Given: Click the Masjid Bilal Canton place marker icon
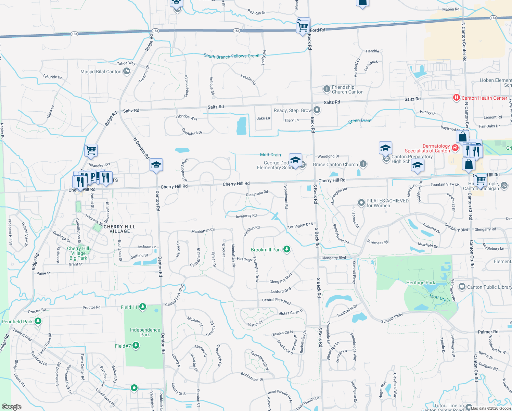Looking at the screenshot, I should coord(127,71).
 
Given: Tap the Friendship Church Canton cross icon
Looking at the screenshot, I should coord(327,89).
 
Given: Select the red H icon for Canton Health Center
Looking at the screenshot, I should coord(456,98).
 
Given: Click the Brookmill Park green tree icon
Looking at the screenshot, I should coord(287,249).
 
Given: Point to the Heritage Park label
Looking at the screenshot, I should coord(420,283).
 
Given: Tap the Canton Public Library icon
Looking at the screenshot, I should coord(462,286).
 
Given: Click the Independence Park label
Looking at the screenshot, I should coord(145,332).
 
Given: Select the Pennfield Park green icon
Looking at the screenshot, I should coord(38,321).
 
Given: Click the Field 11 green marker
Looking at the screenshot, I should coord(143,307).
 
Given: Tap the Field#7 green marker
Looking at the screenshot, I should coord(136,346).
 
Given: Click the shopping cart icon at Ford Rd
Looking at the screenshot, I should coord(303,26).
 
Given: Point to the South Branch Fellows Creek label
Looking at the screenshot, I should coord(231,56).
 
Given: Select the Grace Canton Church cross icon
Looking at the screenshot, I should coord(363,164).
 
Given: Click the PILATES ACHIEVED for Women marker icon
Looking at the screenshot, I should coord(361,202).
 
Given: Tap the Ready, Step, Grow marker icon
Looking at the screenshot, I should coord(317,110).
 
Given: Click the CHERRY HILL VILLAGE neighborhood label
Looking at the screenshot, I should coord(119,229).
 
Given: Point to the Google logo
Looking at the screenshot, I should coord(12,407).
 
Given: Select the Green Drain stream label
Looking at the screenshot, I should coord(359,121).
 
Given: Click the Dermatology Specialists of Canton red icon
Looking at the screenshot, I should coord(455,148).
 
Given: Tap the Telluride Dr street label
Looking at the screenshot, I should coord(52,77).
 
